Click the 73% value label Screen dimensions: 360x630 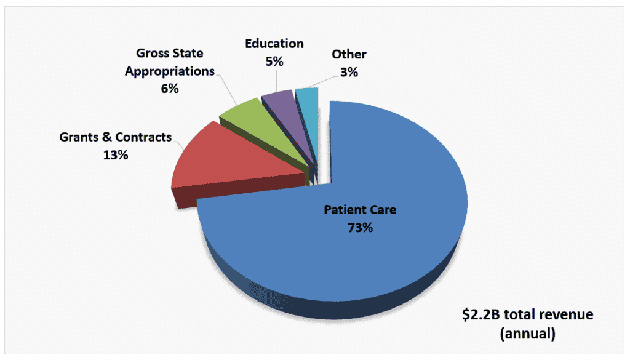click(x=360, y=228)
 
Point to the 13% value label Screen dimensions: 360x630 click(x=116, y=155)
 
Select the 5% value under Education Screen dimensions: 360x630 click(x=274, y=61)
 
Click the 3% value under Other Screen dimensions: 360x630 click(x=349, y=72)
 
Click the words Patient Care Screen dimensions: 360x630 click(x=360, y=210)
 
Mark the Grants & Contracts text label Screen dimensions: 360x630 click(x=115, y=137)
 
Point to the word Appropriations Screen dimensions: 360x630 click(x=170, y=71)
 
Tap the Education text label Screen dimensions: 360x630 click(x=274, y=44)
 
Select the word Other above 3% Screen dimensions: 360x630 click(x=349, y=54)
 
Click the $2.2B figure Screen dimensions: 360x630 click(x=484, y=315)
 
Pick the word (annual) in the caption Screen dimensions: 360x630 click(x=528, y=334)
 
